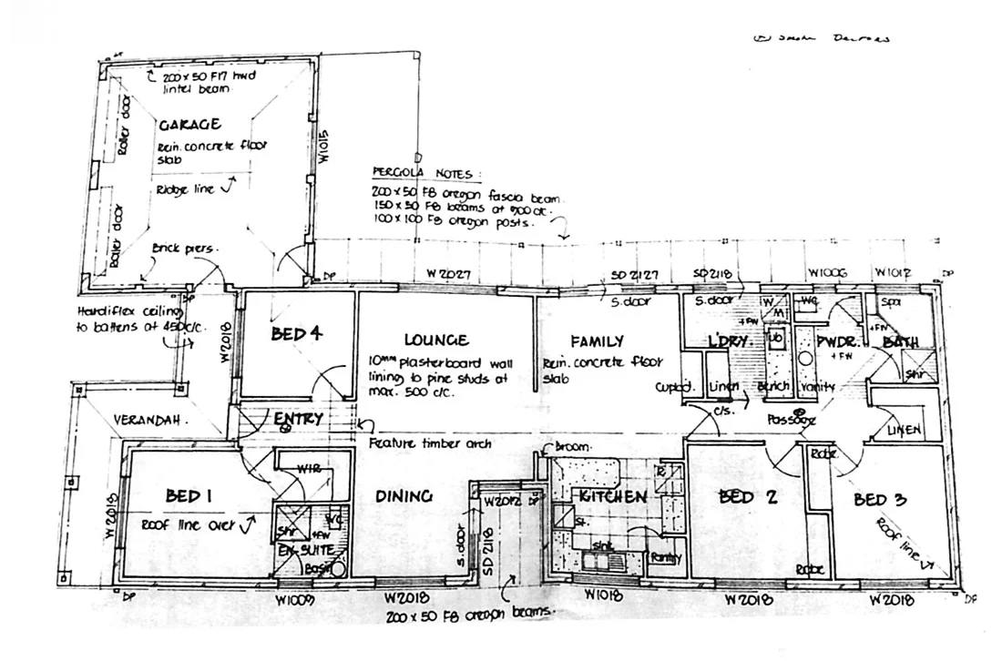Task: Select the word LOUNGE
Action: click(436, 341)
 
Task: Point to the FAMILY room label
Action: click(597, 341)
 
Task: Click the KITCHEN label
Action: click(612, 497)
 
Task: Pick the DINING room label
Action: click(403, 496)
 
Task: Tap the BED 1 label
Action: click(189, 496)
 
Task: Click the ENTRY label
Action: click(298, 419)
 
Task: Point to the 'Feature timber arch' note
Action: click(430, 444)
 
